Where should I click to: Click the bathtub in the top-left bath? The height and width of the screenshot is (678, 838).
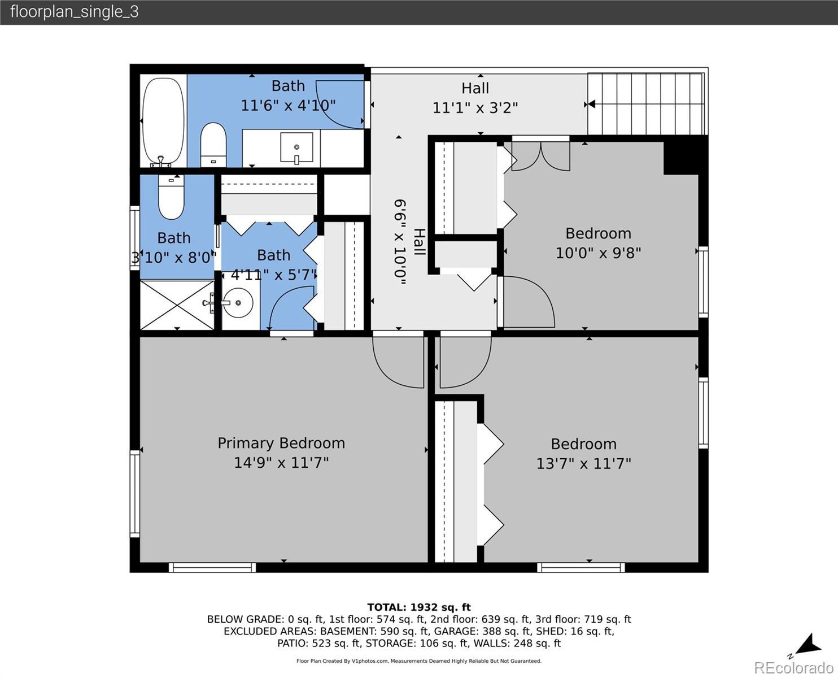coord(163,122)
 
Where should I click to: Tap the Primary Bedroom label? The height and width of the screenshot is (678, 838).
coord(281,443)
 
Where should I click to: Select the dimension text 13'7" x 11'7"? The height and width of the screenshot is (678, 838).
coord(583,463)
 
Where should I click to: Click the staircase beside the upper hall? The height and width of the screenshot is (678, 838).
coord(645,104)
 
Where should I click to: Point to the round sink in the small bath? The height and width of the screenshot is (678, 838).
coord(238,303)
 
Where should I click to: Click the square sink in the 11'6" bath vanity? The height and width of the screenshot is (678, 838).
coord(296,147)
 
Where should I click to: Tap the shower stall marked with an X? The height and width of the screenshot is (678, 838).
coord(177,305)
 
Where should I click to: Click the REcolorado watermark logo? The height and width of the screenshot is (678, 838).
coord(793,668)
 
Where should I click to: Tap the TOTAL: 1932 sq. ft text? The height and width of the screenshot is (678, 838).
coord(419,607)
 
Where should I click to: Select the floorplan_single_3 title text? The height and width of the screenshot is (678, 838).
coord(75,12)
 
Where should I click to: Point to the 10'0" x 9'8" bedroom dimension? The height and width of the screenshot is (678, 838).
coord(598,253)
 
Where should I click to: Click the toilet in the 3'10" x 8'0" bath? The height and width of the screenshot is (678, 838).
coord(171,197)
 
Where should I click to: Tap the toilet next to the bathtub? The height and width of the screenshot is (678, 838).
coord(213,145)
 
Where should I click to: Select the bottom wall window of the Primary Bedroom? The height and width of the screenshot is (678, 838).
coord(212,567)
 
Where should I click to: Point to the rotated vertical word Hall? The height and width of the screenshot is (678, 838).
coord(420,242)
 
